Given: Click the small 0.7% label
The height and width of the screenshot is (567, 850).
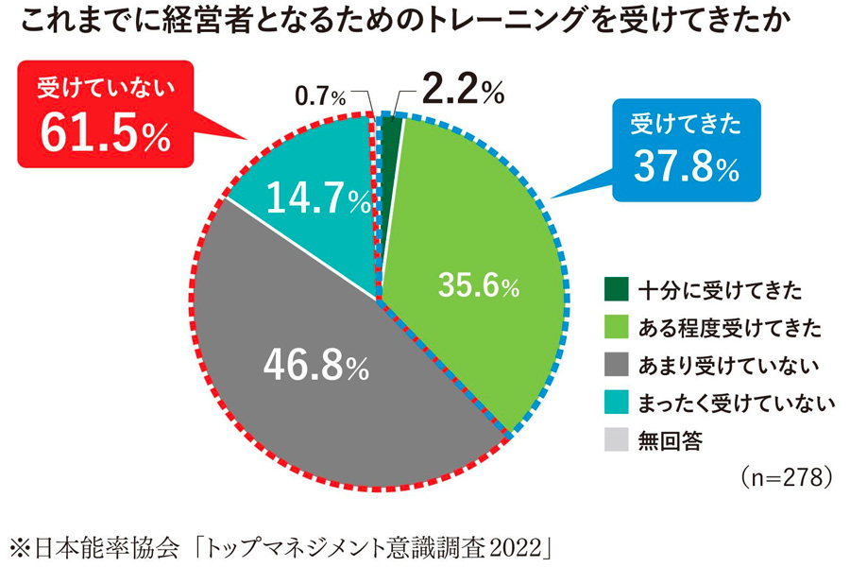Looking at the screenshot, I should coord(321,96).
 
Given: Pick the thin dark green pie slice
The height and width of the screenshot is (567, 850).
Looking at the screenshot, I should coord(391,131).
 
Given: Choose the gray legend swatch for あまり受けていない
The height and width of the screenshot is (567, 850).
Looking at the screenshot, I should coord(616,365).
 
